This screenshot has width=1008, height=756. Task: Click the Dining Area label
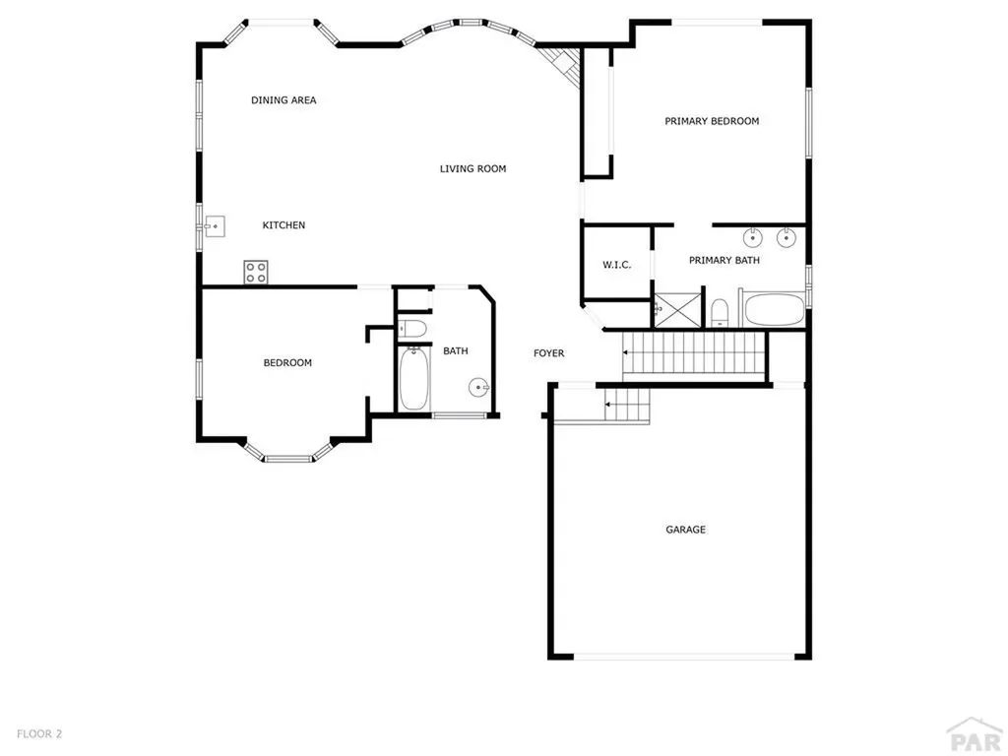[x=283, y=100]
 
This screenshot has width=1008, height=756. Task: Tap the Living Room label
[x=472, y=169]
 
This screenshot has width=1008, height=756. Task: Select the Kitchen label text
[x=283, y=225]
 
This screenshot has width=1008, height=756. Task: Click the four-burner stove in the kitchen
[x=256, y=272]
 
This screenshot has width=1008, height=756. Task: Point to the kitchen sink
[x=214, y=226]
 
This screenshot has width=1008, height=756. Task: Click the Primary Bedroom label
[x=712, y=122]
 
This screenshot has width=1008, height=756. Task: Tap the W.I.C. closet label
[x=616, y=266]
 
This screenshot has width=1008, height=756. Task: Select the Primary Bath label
[x=724, y=261]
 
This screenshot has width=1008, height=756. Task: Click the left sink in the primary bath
[x=752, y=237]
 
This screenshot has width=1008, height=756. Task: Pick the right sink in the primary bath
[x=786, y=237]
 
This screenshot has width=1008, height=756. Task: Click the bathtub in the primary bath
[x=775, y=310]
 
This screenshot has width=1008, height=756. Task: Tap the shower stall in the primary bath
[x=678, y=308]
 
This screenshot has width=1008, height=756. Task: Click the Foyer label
[x=548, y=353]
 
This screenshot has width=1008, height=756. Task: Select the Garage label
[x=685, y=531]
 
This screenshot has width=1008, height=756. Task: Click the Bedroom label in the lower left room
[x=287, y=363]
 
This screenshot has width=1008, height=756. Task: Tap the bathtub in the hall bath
[x=413, y=380]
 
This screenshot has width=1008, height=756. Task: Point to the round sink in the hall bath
[x=479, y=387]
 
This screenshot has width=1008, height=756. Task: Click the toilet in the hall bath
[x=413, y=328]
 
